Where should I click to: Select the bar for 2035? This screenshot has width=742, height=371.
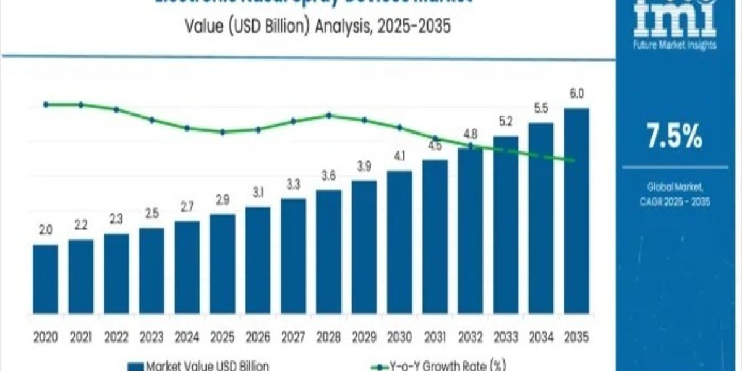click(x=576, y=210)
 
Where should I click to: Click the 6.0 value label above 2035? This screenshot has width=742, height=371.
click(x=577, y=94)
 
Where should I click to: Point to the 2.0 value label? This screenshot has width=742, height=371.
click(x=45, y=230)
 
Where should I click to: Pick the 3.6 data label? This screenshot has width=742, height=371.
click(x=328, y=176)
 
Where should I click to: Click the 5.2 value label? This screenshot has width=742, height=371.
click(x=506, y=121)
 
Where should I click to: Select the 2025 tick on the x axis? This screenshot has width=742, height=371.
click(x=222, y=337)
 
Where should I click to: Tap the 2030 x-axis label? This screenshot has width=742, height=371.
click(x=399, y=337)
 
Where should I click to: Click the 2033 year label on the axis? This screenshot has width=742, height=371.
click(x=506, y=337)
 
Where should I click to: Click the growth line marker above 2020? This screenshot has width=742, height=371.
click(x=46, y=104)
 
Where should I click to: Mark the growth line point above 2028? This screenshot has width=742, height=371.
click(x=328, y=115)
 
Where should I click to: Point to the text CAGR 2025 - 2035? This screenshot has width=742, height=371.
click(x=675, y=202)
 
